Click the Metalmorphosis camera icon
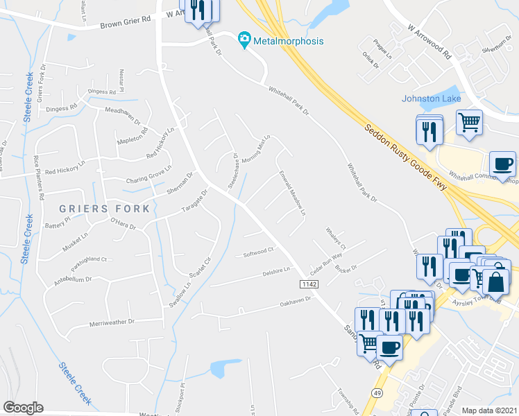[x=244, y=41]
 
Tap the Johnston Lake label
[x=431, y=98]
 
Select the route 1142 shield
[x=309, y=285]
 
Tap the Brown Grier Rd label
[x=126, y=24]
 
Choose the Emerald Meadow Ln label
[x=292, y=192]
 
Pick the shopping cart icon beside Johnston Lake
[x=470, y=123]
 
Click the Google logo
[x=23, y=408]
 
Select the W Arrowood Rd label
[x=429, y=41]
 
